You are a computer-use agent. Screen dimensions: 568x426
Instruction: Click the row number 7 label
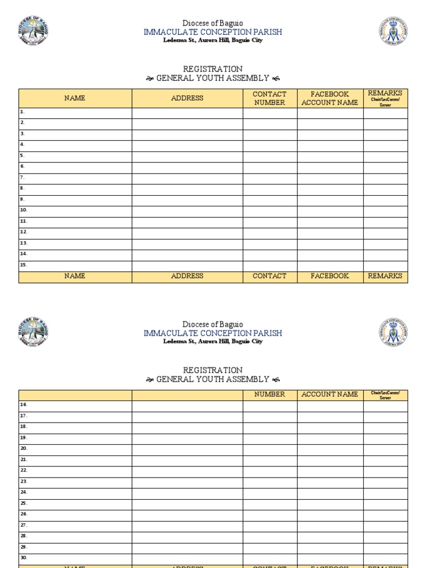pyautogui.click(x=22, y=177)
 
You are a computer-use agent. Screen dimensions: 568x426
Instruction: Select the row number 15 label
pyautogui.click(x=23, y=265)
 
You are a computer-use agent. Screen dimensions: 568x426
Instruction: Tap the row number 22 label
pyautogui.click(x=23, y=470)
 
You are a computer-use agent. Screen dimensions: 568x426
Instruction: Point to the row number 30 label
pyautogui.click(x=23, y=558)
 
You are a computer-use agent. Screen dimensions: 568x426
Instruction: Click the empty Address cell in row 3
pyautogui.click(x=187, y=134)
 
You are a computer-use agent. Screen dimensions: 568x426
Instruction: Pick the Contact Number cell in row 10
pyautogui.click(x=270, y=211)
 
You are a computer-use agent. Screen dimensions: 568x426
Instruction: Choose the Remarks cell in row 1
pyautogui.click(x=385, y=113)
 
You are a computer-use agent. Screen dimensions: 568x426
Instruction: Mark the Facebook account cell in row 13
pyautogui.click(x=330, y=244)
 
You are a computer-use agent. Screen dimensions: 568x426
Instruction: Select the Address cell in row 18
pyautogui.click(x=187, y=427)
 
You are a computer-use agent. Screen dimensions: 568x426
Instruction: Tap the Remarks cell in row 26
pyautogui.click(x=385, y=514)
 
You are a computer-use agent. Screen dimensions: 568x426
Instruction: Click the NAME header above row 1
pyautogui.click(x=75, y=98)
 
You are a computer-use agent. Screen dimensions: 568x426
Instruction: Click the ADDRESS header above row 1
pyautogui.click(x=187, y=98)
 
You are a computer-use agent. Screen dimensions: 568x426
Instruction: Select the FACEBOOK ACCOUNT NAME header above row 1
pyautogui.click(x=330, y=98)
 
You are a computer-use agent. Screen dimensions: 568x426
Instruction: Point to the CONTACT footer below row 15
pyautogui.click(x=270, y=276)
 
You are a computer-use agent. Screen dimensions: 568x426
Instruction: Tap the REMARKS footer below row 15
pyautogui.click(x=385, y=276)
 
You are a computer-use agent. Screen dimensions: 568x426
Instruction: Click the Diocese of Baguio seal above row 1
pyautogui.click(x=33, y=31)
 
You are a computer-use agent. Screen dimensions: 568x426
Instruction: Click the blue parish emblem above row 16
pyautogui.click(x=393, y=332)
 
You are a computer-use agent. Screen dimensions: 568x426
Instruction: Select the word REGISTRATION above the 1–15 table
pyautogui.click(x=212, y=69)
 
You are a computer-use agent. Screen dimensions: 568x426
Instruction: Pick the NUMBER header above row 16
pyautogui.click(x=270, y=394)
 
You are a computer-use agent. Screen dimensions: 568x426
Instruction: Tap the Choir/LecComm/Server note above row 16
pyautogui.click(x=385, y=395)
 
